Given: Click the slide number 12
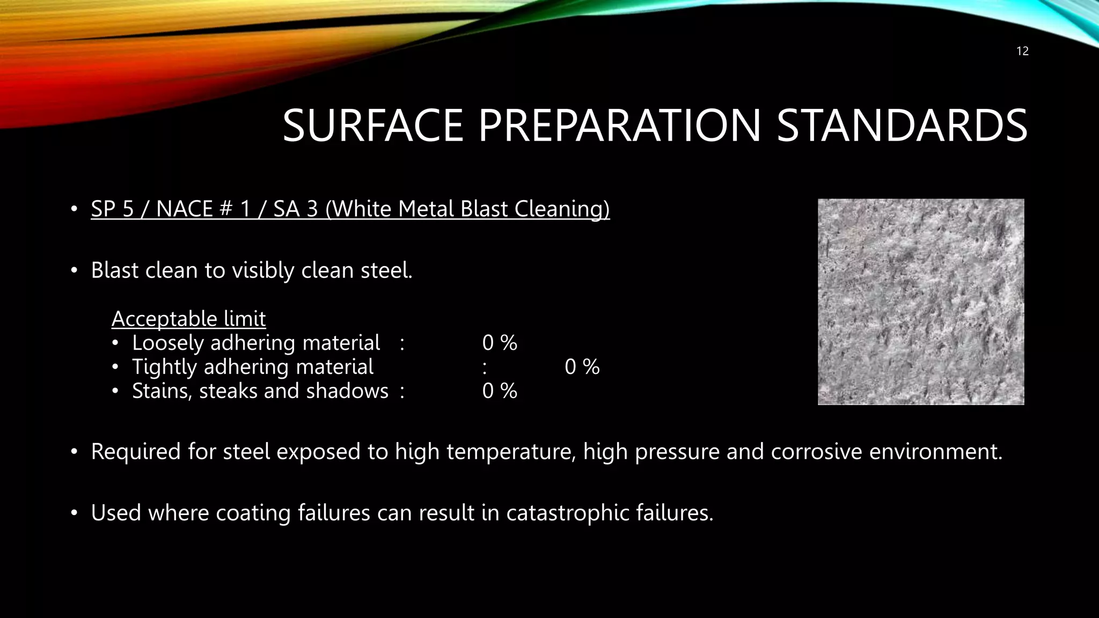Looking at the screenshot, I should point(1022,51).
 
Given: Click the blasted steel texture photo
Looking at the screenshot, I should point(921,301).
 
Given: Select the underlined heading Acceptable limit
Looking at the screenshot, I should point(188,319).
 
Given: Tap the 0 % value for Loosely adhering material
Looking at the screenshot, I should point(500,343).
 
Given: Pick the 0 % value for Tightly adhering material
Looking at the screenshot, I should point(582,367).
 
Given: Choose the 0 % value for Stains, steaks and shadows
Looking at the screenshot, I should point(500,391).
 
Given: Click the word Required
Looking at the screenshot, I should point(136,452).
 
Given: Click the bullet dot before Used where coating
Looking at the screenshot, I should point(75,513).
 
